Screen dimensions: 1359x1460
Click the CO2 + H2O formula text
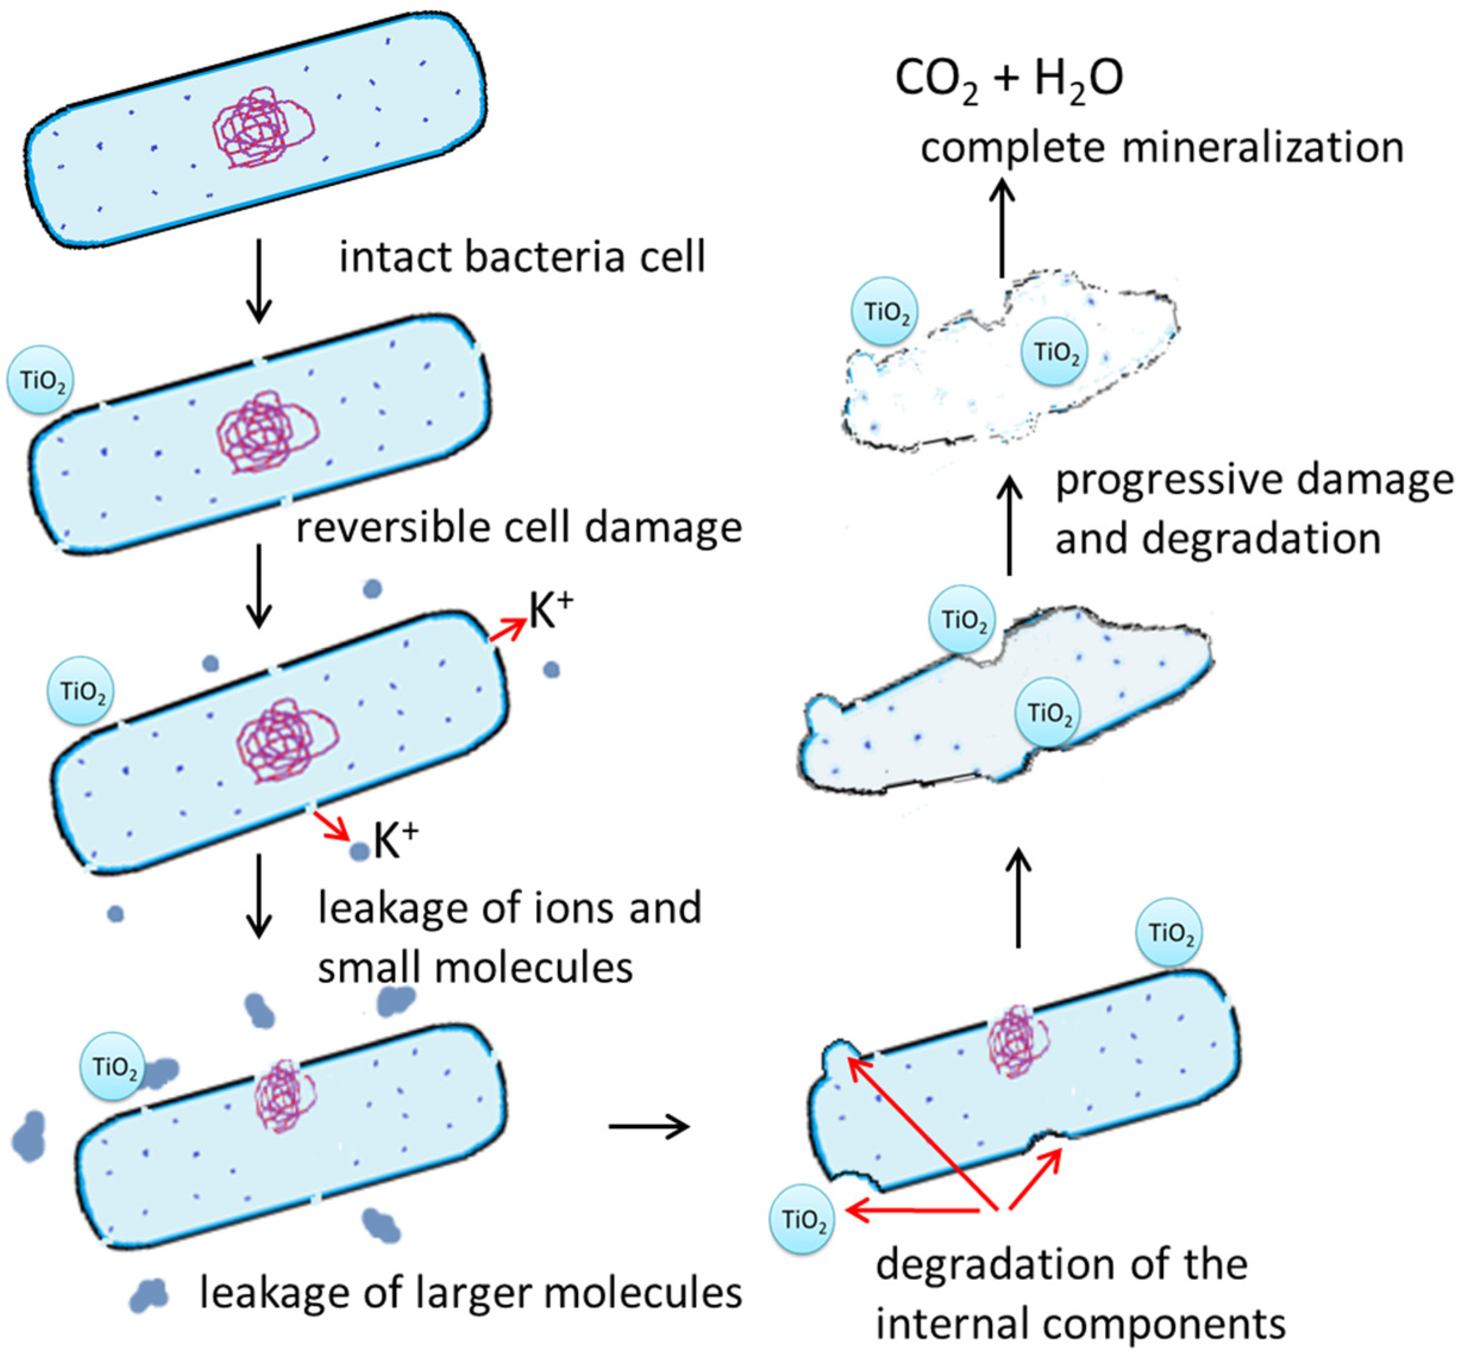point(1008,79)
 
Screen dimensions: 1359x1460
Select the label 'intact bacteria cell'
point(521,257)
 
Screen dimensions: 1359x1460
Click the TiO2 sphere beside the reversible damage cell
point(40,380)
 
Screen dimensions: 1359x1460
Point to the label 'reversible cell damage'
point(518,527)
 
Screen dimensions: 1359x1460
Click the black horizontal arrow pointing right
point(649,1125)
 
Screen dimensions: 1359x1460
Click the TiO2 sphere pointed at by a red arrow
point(802,1219)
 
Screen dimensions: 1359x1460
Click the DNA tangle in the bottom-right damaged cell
point(1017,1040)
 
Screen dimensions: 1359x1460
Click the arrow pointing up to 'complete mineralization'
point(1001,228)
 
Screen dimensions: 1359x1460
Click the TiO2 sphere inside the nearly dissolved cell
point(1055,351)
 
